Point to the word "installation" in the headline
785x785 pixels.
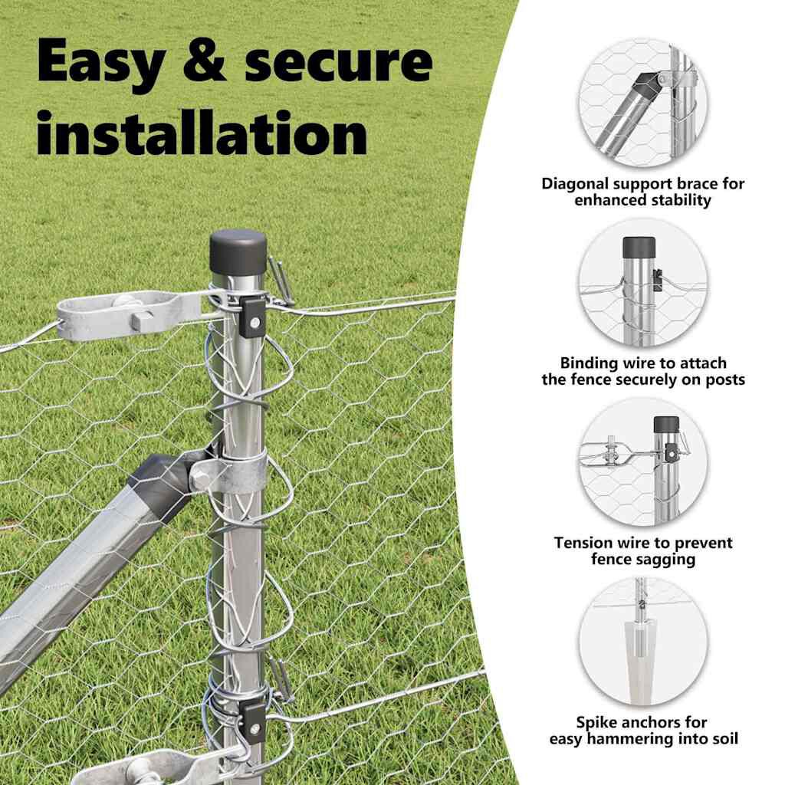[x=202, y=132]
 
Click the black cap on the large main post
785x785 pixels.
[x=238, y=251]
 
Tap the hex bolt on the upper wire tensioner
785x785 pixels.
[x=142, y=320]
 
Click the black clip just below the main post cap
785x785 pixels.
[x=252, y=317]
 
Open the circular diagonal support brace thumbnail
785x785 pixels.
[x=643, y=103]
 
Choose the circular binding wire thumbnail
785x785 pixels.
[x=643, y=283]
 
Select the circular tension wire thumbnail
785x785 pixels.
[x=643, y=462]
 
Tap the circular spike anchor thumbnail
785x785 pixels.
[x=643, y=642]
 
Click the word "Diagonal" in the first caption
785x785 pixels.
[x=573, y=184]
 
